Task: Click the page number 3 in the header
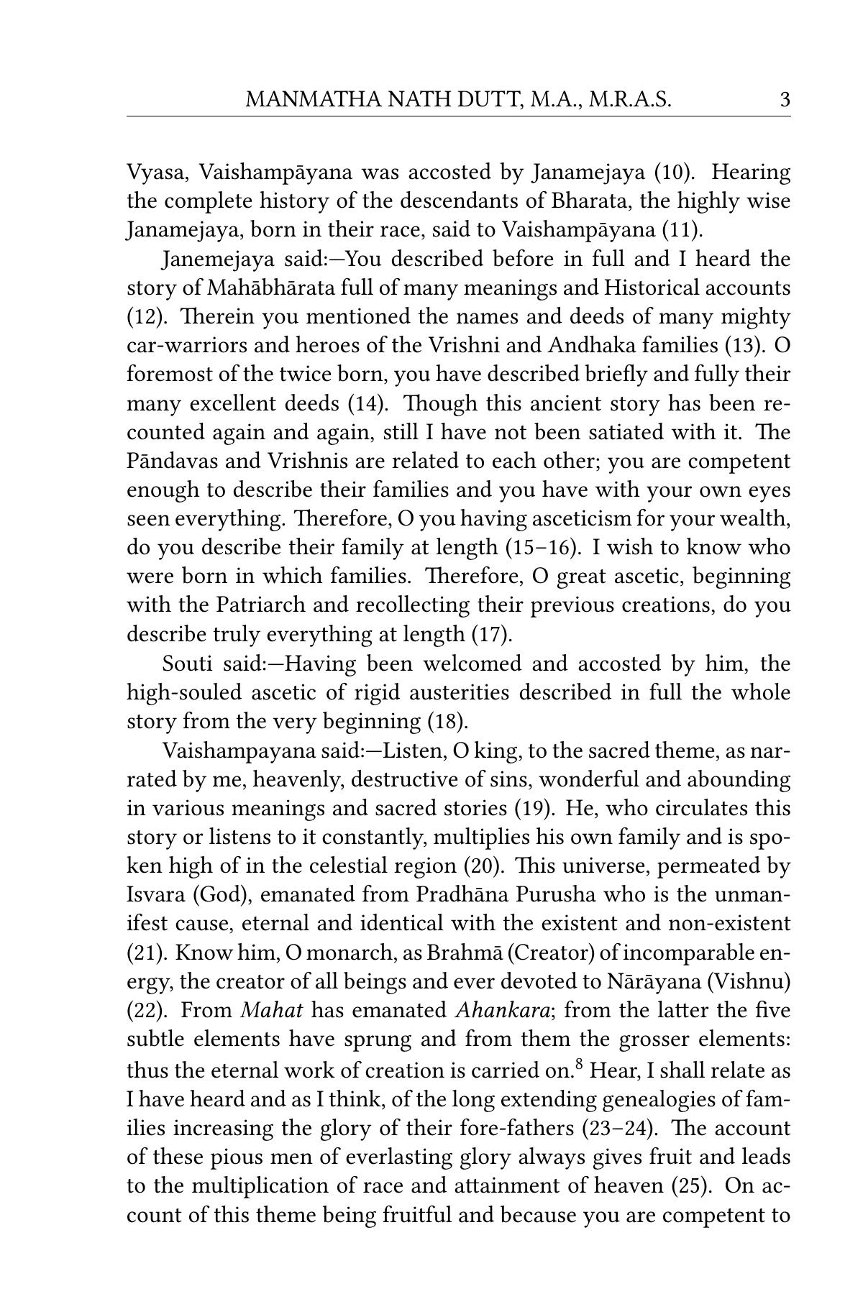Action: pos(785,99)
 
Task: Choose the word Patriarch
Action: pos(265,605)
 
